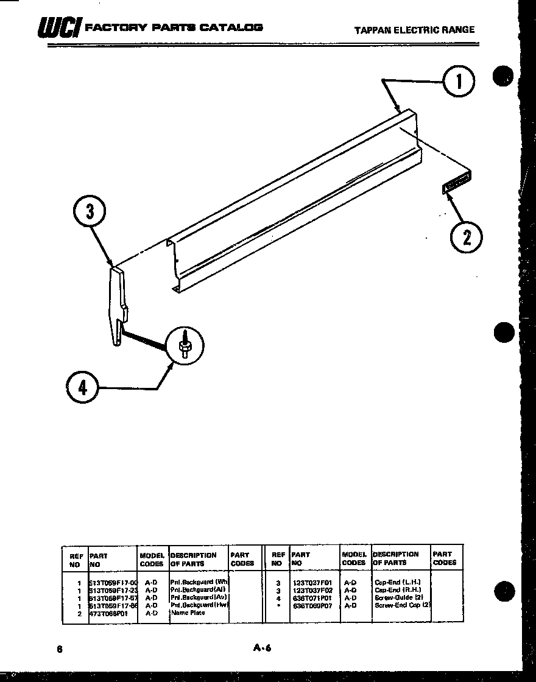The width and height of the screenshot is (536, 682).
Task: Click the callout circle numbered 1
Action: (x=458, y=83)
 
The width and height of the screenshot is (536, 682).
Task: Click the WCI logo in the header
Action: (x=58, y=28)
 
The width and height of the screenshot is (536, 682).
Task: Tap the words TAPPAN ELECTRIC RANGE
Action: (x=414, y=29)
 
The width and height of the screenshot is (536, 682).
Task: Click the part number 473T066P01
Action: (x=108, y=613)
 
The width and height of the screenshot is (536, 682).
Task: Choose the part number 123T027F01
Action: (x=312, y=583)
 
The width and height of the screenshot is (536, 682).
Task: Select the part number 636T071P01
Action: (x=312, y=598)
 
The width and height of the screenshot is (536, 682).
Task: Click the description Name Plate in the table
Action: (x=188, y=613)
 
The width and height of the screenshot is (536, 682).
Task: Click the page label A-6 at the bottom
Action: (x=262, y=649)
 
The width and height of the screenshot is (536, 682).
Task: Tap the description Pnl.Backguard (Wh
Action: (x=199, y=582)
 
